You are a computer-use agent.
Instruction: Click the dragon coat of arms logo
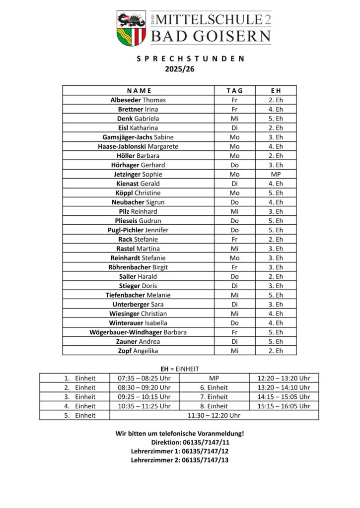click(x=131, y=27)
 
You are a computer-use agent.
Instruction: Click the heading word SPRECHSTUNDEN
click(x=190, y=59)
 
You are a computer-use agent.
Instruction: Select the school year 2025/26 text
click(x=179, y=69)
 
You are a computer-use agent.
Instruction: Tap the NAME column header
click(x=139, y=90)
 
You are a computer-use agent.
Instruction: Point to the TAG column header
click(x=235, y=90)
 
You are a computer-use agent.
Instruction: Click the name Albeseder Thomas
click(x=138, y=100)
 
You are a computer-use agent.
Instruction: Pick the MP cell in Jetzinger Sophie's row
click(x=276, y=174)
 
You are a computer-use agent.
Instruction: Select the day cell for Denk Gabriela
click(x=235, y=119)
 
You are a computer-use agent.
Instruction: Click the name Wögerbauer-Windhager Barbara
click(x=138, y=332)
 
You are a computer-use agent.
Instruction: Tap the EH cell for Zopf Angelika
click(x=276, y=351)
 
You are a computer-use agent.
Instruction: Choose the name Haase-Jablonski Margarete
click(x=138, y=146)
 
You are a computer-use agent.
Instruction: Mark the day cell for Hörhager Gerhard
click(x=235, y=165)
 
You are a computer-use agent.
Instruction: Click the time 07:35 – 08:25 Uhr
click(x=144, y=378)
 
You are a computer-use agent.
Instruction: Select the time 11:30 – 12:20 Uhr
click(x=214, y=415)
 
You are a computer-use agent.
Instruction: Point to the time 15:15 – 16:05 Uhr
click(x=284, y=406)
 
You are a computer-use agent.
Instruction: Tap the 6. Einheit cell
click(x=214, y=387)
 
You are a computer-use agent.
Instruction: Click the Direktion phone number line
click(x=190, y=442)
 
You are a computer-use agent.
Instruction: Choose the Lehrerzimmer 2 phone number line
click(x=180, y=460)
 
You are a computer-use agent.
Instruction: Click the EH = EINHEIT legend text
click(x=179, y=369)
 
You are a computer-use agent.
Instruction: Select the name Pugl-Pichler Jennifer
click(x=138, y=230)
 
